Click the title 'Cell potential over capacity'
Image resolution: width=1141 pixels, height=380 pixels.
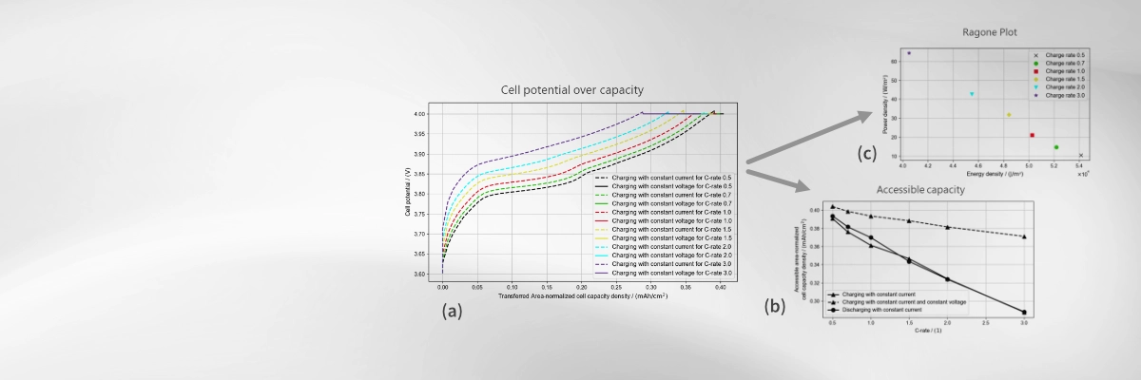[572, 90]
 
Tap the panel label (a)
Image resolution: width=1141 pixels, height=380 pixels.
[452, 311]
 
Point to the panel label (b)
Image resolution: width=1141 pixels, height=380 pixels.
[775, 307]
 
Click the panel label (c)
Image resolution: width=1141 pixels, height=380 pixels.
[866, 153]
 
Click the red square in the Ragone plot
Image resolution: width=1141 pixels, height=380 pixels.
[1032, 135]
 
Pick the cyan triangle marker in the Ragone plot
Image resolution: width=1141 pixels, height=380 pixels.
[972, 94]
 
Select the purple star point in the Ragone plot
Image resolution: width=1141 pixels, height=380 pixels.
[909, 53]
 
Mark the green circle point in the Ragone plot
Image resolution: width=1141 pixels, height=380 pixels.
[1056, 147]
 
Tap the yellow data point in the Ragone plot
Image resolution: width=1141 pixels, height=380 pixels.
[1009, 115]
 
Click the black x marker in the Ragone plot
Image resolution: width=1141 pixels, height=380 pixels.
[1081, 155]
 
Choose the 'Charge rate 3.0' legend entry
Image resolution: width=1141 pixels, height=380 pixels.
[1066, 96]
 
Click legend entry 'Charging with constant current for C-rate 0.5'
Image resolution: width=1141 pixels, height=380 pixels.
[656, 178]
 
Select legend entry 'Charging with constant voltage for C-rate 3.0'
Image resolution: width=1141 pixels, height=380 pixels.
[656, 274]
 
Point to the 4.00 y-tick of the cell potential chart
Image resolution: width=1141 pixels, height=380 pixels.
[419, 114]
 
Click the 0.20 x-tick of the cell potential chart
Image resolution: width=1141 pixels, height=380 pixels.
[582, 286]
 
